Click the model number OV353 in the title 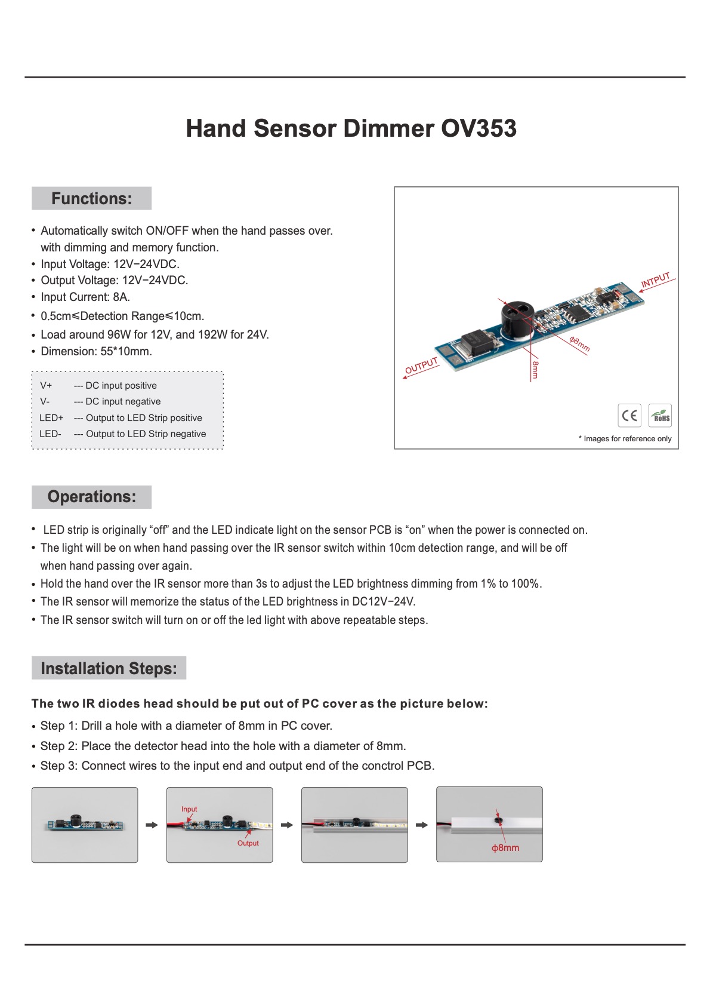pos(479,128)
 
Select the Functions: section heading pos(91,198)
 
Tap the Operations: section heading pos(91,497)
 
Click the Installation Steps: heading pos(109,668)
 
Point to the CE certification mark pos(629,416)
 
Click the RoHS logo pos(660,416)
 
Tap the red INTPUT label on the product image pos(655,279)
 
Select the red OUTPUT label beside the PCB pos(421,365)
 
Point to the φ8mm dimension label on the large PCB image pos(579,344)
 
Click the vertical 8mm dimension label pos(536,369)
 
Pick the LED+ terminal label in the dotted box pos(51,417)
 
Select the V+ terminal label pos(46,385)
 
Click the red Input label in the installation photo pos(189,809)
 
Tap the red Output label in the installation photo pos(248,843)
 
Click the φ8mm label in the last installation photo pos(505,847)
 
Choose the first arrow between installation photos pos(152,825)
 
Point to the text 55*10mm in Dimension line pos(126,351)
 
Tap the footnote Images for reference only pos(625,438)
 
